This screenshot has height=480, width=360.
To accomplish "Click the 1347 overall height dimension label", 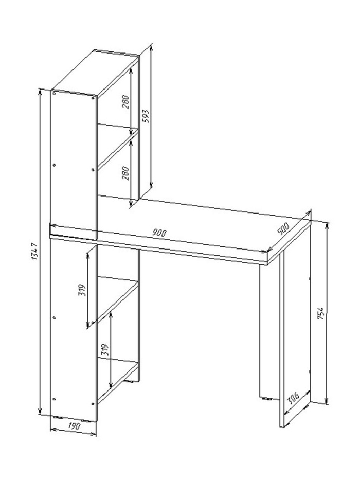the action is coord(34,252).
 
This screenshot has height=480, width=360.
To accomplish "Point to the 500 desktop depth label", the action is coord(283,228).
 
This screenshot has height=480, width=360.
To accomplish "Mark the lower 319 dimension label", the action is coord(105,349).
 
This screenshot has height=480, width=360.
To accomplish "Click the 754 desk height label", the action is coord(321,313).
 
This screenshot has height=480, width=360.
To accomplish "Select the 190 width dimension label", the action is coord(74,426).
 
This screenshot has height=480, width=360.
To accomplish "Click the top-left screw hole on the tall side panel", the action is coord(54,93).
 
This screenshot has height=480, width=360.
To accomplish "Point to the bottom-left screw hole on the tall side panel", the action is coord(54,399).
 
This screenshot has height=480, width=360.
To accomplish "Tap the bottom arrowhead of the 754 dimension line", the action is coord(327,400).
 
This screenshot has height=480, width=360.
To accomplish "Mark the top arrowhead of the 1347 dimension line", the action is coord(40,92).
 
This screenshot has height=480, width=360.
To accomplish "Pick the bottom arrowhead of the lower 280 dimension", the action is coord(131,203).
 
